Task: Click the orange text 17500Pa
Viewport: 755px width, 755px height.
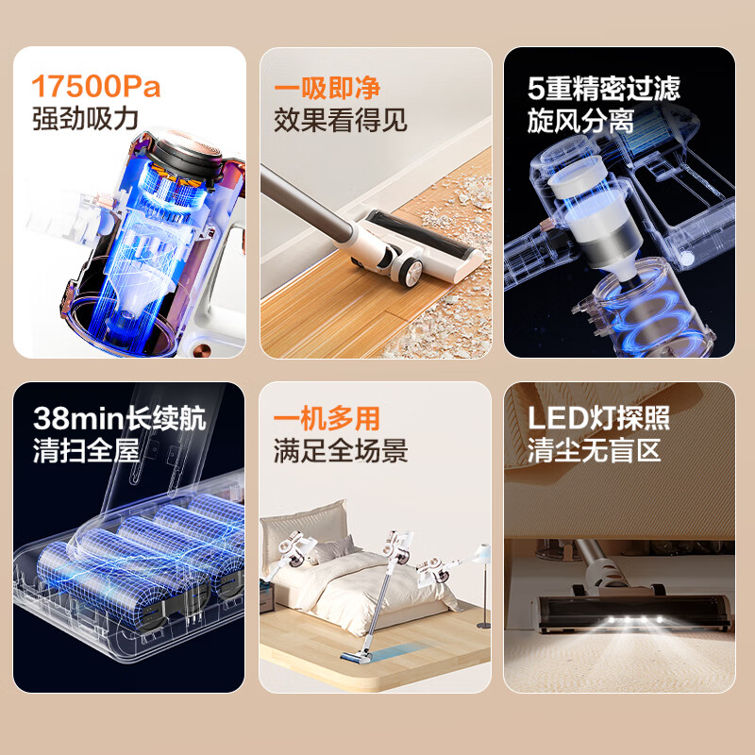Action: point(96,87)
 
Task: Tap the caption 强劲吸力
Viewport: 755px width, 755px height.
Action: point(85,119)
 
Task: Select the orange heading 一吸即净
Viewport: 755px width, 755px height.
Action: point(327,88)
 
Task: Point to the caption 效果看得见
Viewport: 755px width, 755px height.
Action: point(341,120)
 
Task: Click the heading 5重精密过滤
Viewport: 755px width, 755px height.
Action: point(604,89)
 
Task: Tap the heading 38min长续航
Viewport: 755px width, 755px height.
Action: point(119,419)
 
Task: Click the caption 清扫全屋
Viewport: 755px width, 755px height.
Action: point(85,450)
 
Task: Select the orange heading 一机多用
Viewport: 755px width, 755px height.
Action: point(327,419)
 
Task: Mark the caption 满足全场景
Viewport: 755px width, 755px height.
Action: point(341,450)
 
